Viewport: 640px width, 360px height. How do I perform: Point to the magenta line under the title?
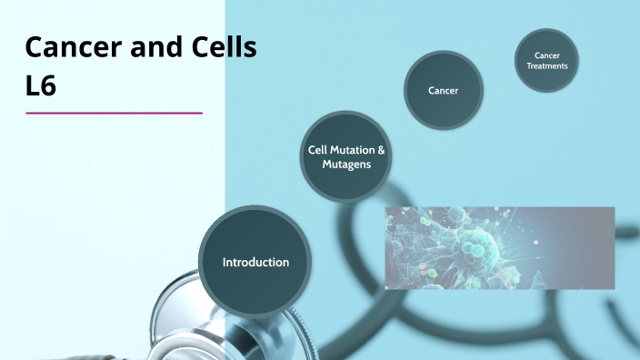(115, 113)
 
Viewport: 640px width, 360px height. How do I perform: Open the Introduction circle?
(255, 262)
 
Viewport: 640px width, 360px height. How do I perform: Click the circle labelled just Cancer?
(443, 90)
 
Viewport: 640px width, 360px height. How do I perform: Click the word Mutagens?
(346, 166)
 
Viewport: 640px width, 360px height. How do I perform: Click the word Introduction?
(255, 262)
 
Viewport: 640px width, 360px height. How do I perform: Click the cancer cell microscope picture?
(499, 247)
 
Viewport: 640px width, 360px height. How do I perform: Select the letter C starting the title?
(35, 47)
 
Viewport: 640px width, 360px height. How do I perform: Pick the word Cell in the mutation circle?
(319, 151)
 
